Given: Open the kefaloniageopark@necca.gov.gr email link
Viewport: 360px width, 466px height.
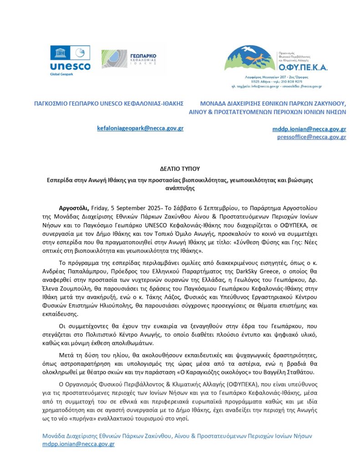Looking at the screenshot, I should [140, 129].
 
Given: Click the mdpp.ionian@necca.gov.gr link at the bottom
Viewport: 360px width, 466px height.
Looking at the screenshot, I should [78, 443].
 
